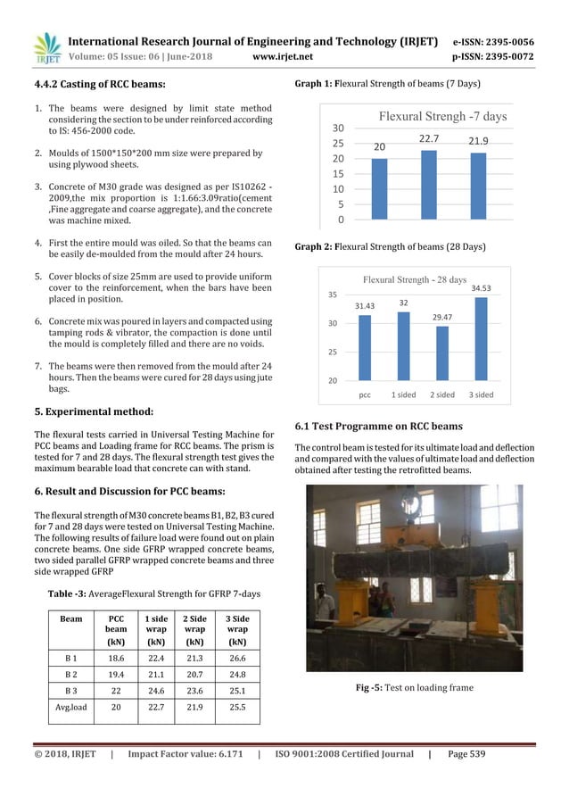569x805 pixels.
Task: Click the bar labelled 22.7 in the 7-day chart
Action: coord(428,185)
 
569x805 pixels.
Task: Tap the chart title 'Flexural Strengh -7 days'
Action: coord(430,117)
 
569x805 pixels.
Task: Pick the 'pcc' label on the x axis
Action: coord(365,393)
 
